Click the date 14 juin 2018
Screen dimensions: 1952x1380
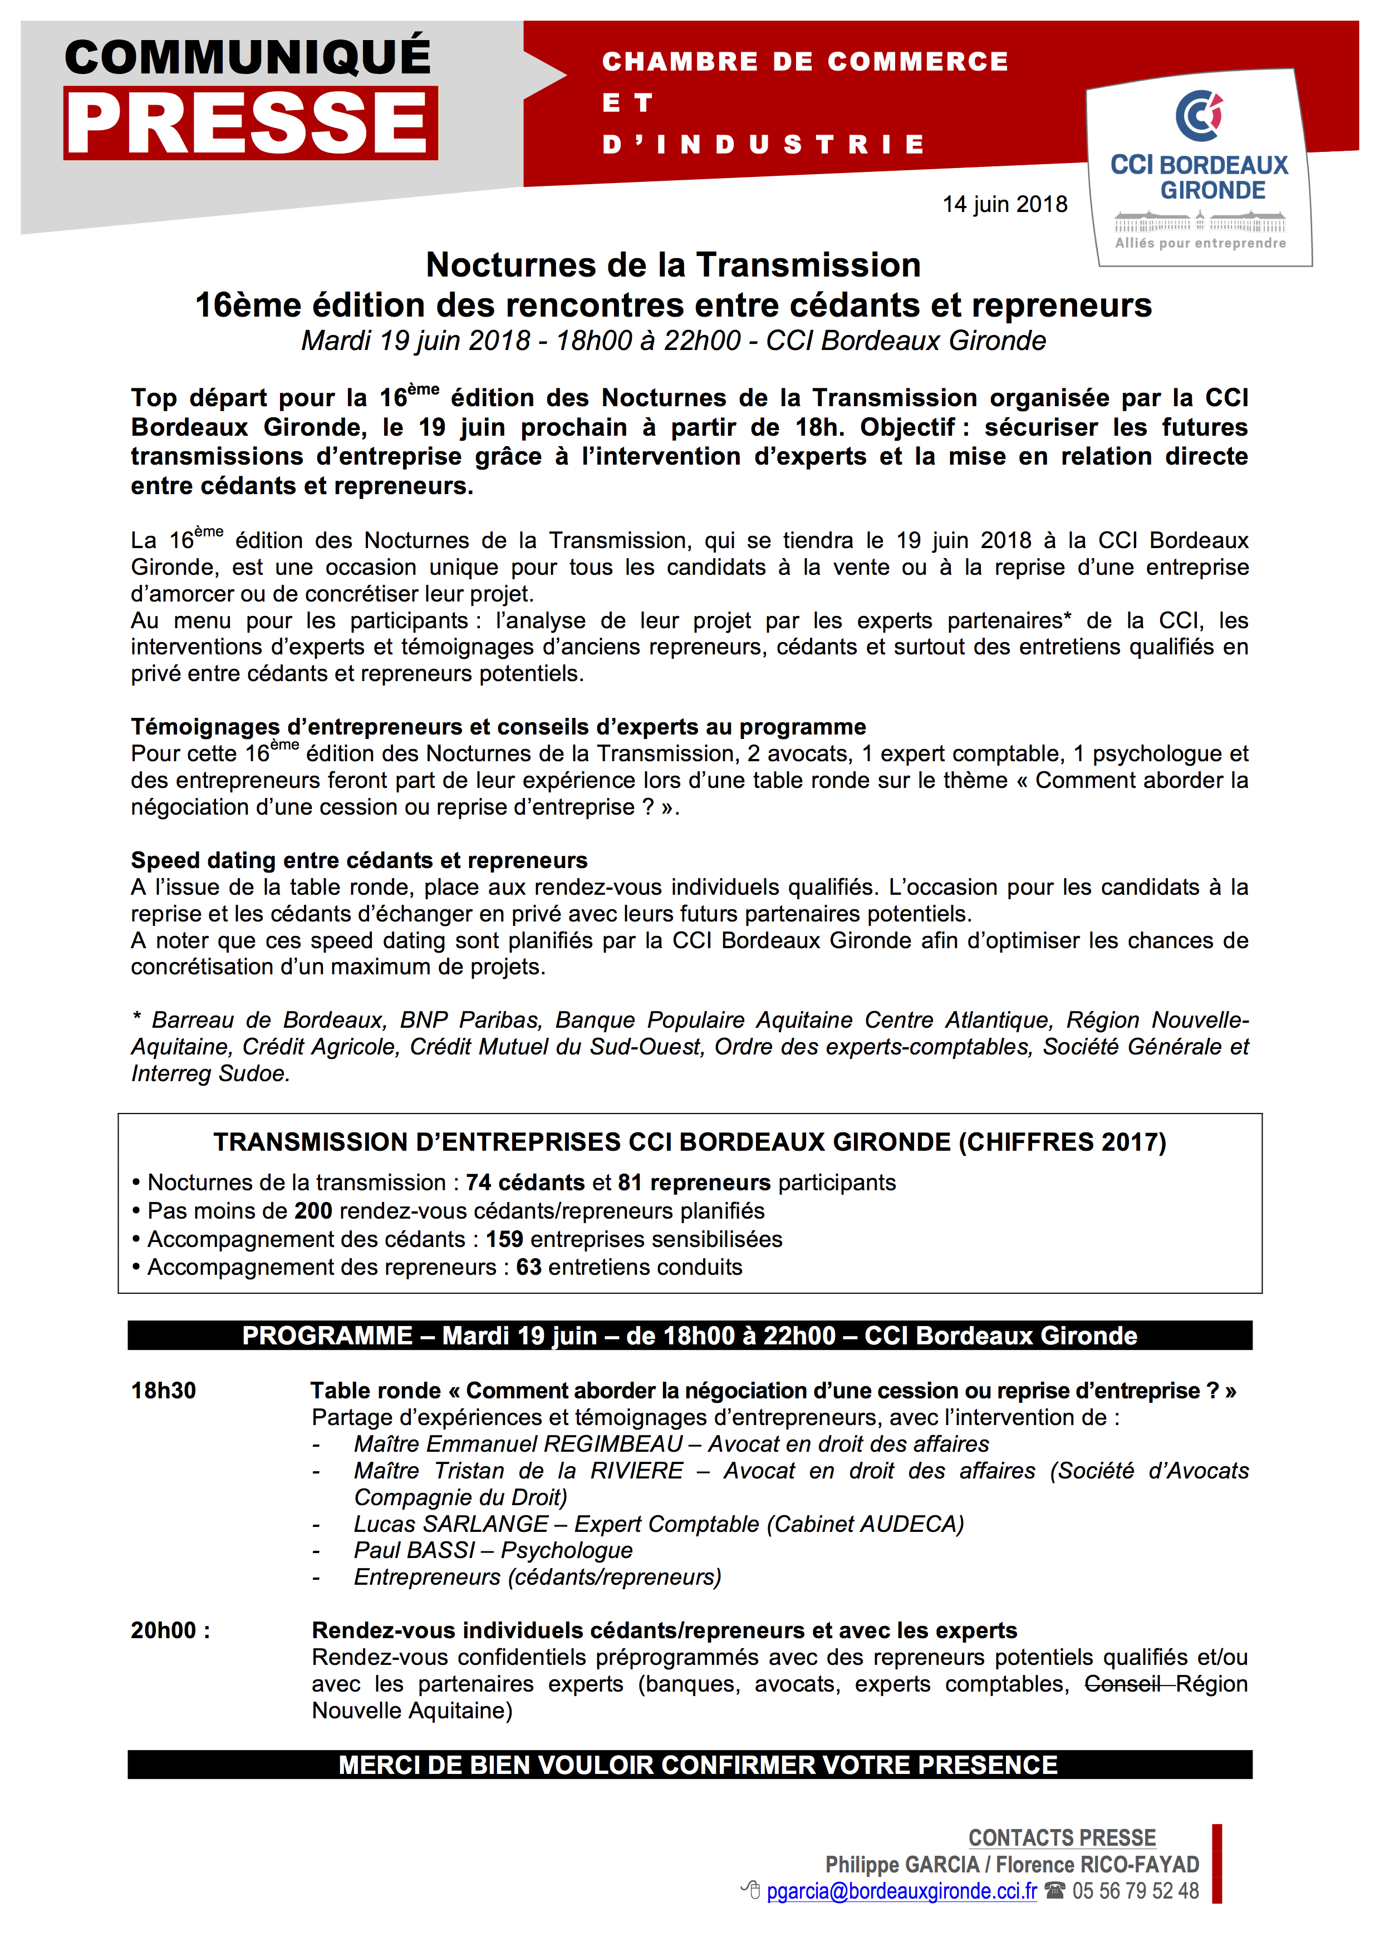(1004, 205)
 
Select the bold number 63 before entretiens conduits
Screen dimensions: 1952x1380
(528, 1267)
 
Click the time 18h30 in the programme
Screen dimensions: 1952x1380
(163, 1391)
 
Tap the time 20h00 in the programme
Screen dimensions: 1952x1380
(163, 1630)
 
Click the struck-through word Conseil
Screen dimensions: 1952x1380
(1122, 1684)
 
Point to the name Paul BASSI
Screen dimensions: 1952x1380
(414, 1551)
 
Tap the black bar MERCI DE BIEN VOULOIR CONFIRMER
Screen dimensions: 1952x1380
(690, 1765)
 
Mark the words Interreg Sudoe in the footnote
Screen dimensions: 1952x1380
(210, 1074)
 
